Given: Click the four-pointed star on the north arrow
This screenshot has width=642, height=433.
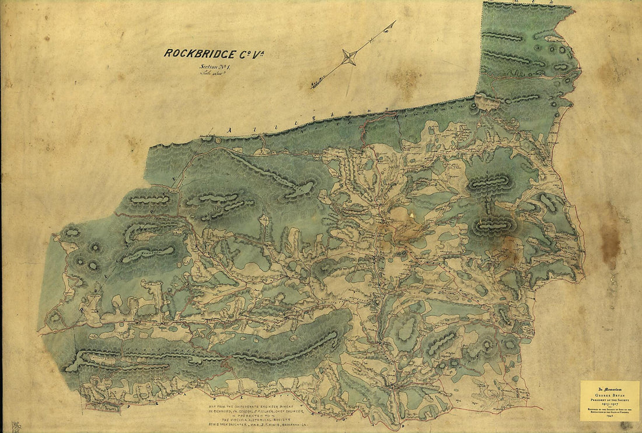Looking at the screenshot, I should tap(349, 57).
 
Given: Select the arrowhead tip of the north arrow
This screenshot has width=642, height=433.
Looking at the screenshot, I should tap(394, 22).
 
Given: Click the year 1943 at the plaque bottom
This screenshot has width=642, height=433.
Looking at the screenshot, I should tap(609, 415).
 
